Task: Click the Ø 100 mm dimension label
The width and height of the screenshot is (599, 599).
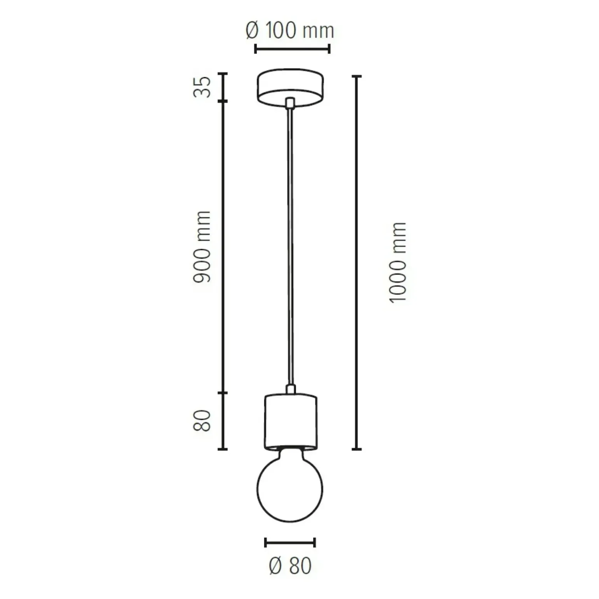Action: point(290,30)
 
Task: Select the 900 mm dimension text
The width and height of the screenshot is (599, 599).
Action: point(202,247)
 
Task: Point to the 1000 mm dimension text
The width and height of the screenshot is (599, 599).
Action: point(398,263)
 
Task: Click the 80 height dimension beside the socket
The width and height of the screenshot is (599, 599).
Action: point(202,420)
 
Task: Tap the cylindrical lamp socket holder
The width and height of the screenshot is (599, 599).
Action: point(291,423)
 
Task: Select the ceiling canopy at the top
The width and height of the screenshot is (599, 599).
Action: point(290,87)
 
